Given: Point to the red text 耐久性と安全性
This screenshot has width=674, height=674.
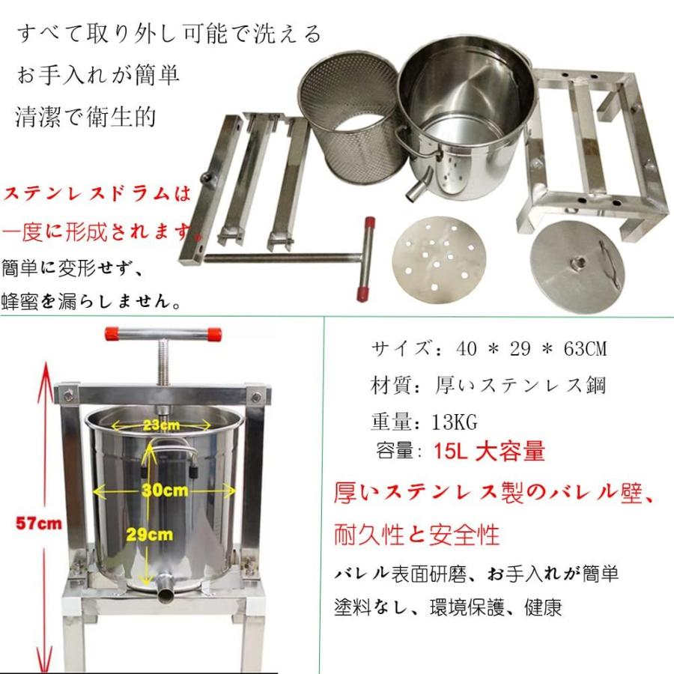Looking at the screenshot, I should [416, 534].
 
